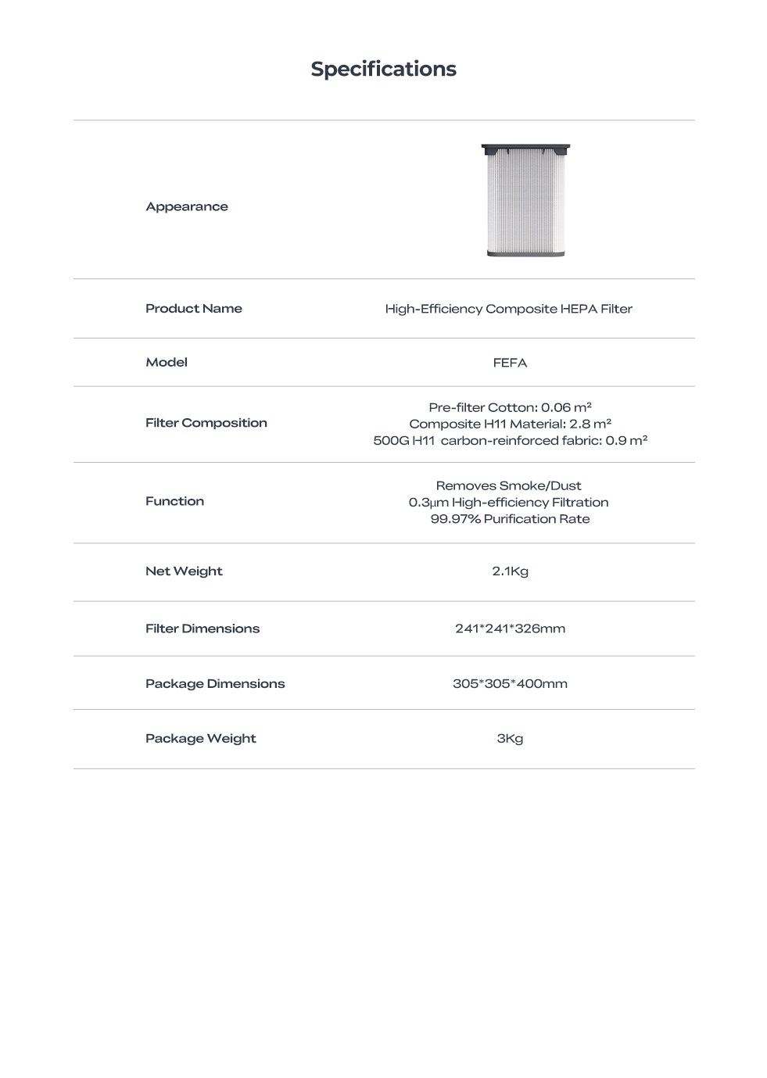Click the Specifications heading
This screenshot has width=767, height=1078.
pos(383,69)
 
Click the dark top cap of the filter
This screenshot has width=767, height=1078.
pos(525,148)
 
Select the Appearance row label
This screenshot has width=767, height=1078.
pos(187,206)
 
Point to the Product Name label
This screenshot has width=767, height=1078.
pos(194,308)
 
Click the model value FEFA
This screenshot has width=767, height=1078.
pos(510,363)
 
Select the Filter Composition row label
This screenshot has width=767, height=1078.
pos(206,423)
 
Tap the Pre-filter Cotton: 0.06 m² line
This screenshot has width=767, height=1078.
pos(510,407)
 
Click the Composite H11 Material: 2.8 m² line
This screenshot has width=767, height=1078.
pos(510,424)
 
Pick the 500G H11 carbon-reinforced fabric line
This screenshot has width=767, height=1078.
pos(510,440)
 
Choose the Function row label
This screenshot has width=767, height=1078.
pos(174,501)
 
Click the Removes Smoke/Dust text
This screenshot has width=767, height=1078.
pos(508,485)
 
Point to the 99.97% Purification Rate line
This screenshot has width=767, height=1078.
pos(510,519)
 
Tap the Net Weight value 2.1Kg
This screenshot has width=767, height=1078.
pos(510,571)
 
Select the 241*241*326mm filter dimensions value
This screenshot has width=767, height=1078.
pos(510,629)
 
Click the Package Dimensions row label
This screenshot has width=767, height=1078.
pos(215,683)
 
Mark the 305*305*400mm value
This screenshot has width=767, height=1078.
pos(510,683)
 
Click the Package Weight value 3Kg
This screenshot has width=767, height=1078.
pos(510,739)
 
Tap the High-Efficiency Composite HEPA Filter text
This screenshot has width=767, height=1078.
pos(508,309)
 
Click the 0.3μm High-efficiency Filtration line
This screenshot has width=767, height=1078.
pos(508,502)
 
